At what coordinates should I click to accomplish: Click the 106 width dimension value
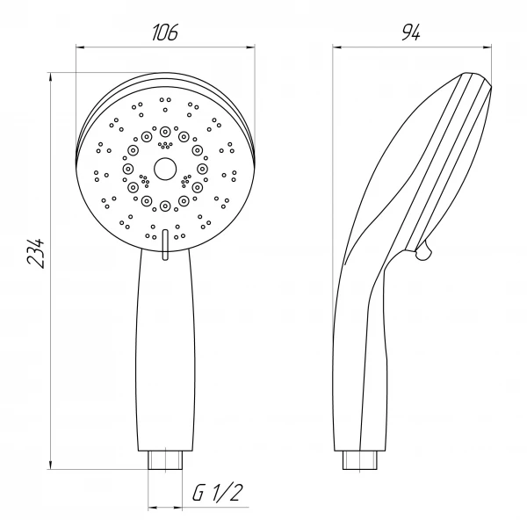[165, 32]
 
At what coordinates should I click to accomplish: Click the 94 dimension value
[411, 32]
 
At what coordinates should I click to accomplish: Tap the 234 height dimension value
[36, 253]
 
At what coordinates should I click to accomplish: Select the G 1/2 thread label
[218, 493]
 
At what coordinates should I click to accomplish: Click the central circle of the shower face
[165, 169]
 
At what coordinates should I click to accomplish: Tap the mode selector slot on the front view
[165, 245]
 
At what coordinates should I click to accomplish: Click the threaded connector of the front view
[165, 460]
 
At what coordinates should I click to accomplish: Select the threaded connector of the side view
[359, 460]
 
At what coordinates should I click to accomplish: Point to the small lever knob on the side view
[424, 250]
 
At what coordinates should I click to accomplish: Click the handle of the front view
[165, 350]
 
